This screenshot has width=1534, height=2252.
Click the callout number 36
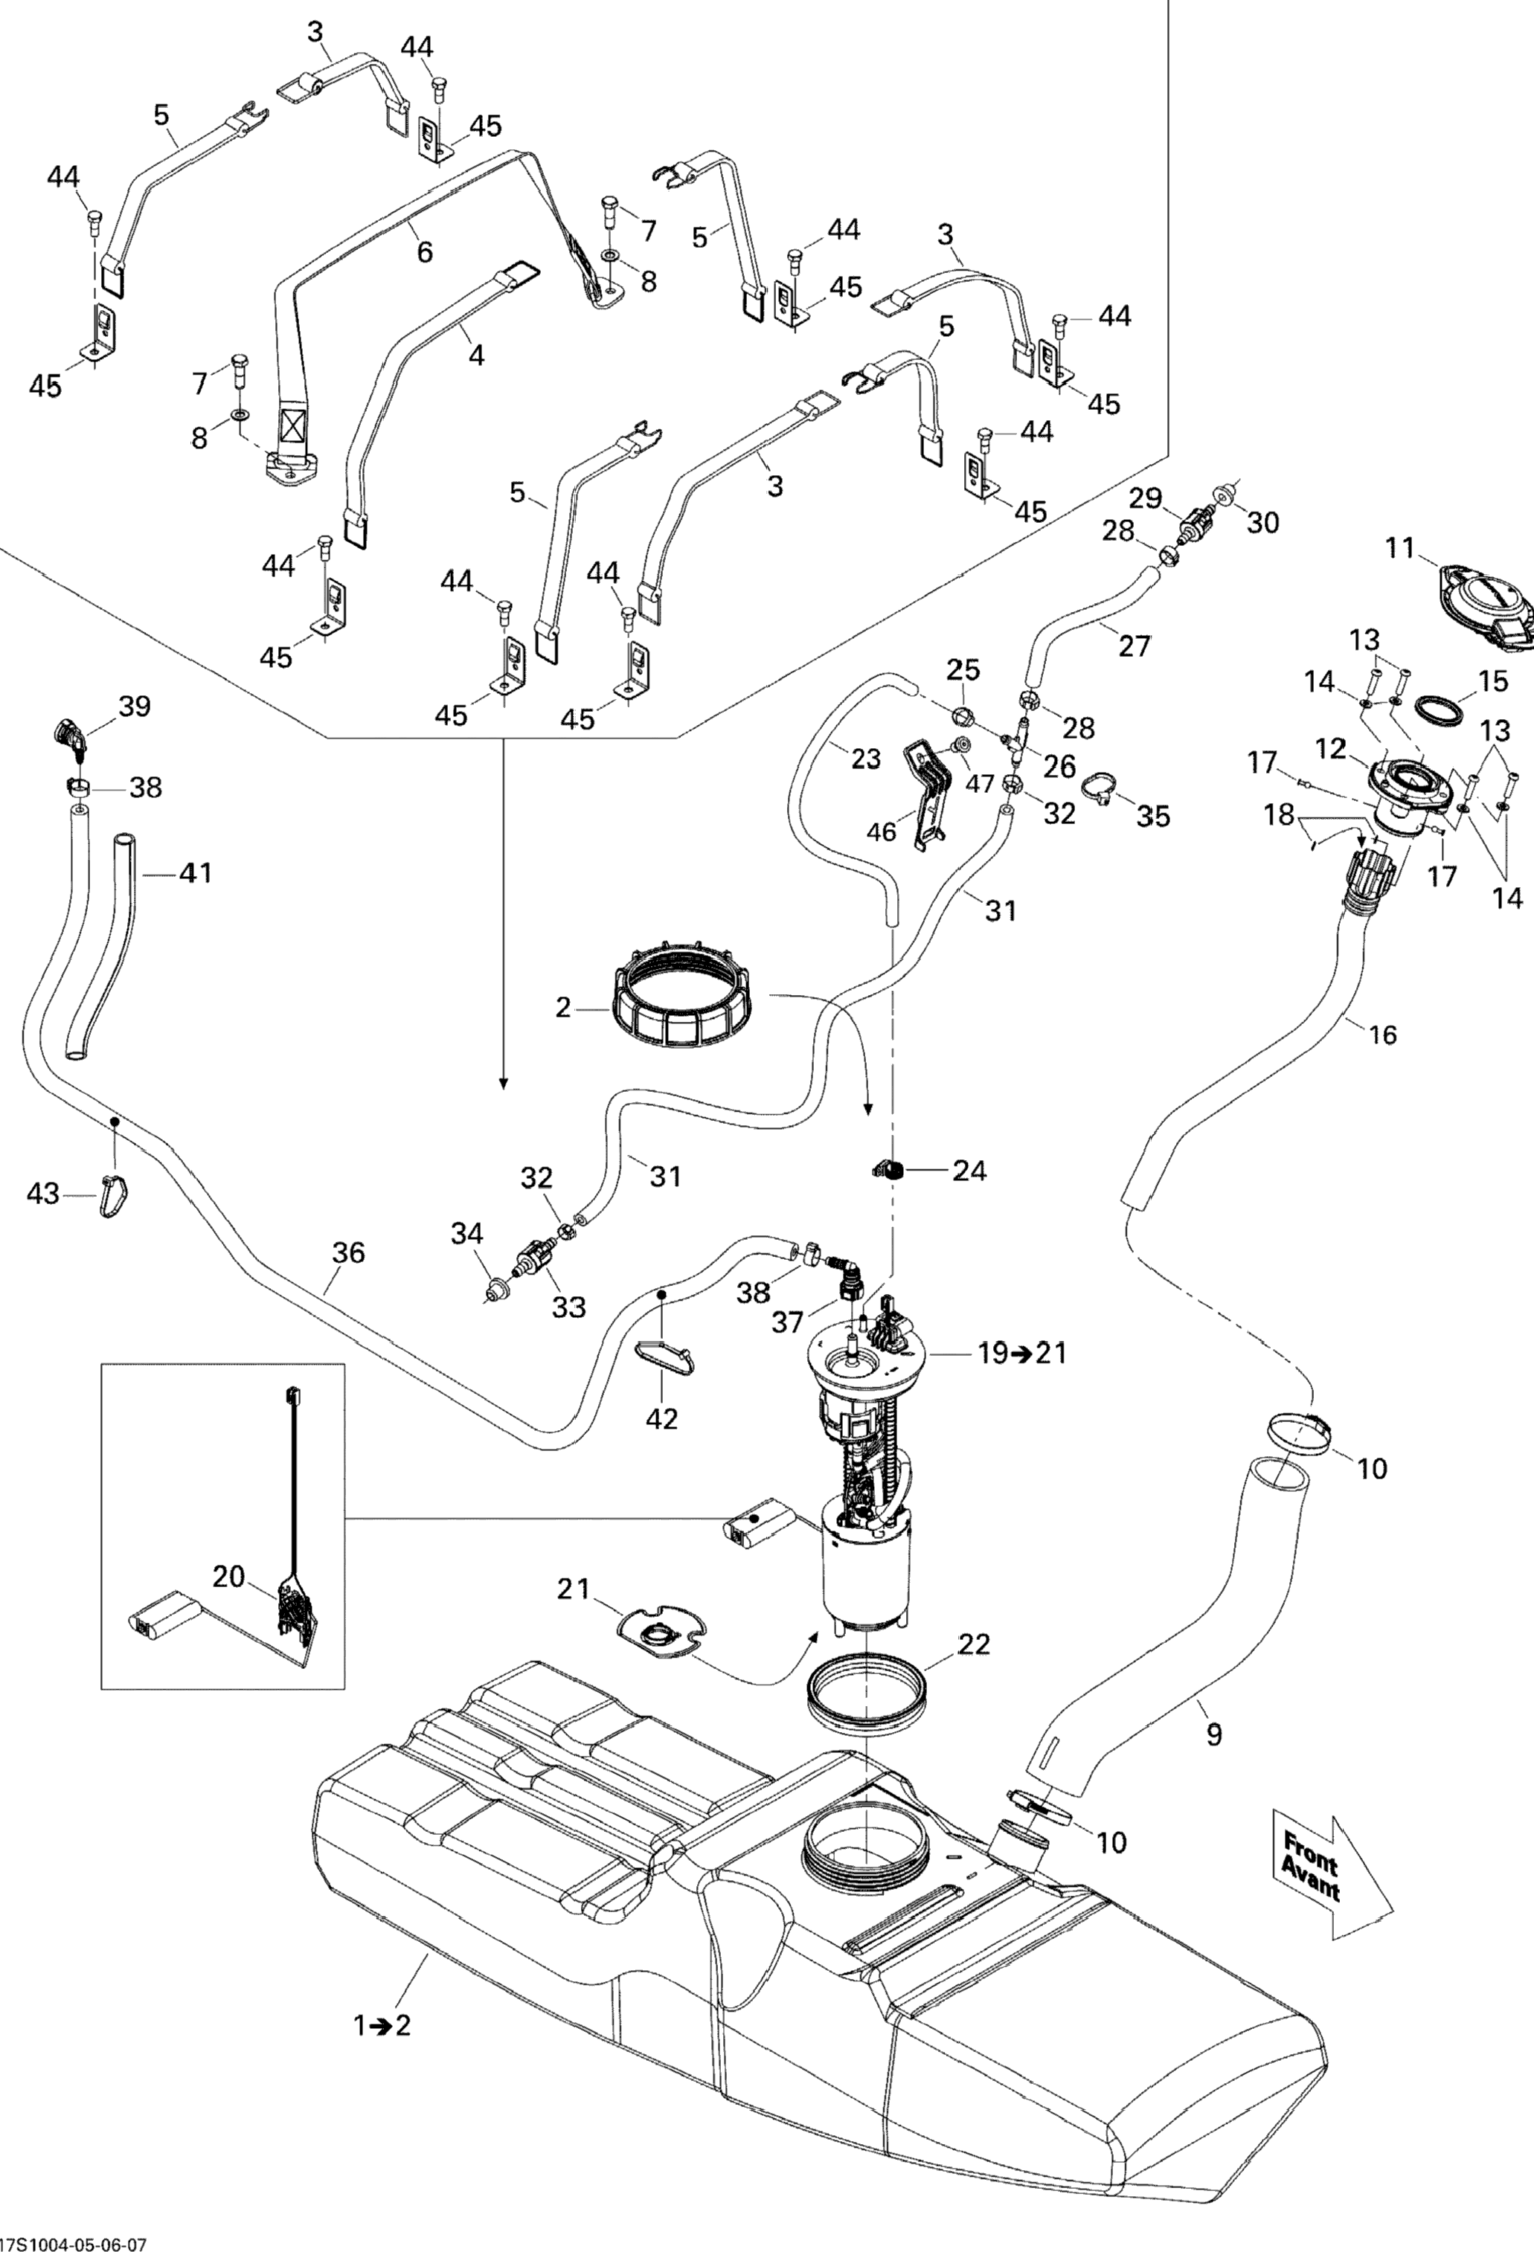[x=348, y=1253]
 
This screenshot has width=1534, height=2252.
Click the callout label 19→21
[x=1021, y=1352]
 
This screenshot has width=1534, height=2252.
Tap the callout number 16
[x=1383, y=1035]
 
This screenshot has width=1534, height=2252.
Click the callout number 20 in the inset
[x=228, y=1577]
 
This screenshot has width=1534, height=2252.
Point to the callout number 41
[x=196, y=873]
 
